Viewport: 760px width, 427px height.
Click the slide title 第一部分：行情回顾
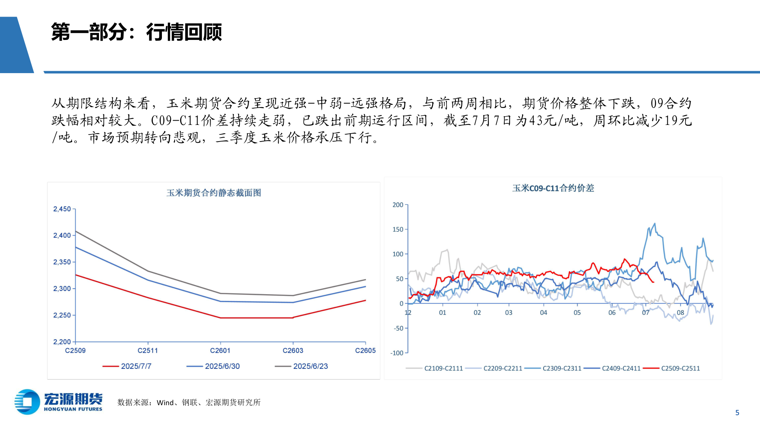[136, 32]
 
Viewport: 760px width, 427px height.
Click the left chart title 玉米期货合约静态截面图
[213, 193]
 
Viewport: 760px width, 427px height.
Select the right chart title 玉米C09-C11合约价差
[553, 188]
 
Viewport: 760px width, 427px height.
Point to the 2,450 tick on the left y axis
[62, 209]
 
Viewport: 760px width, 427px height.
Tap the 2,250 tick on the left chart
[62, 315]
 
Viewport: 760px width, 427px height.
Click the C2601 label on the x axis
[220, 350]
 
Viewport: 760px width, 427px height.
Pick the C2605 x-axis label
[365, 350]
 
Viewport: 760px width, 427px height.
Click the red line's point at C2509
[76, 275]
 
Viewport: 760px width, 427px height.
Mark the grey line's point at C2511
[148, 271]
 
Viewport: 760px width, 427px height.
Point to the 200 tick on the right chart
[398, 205]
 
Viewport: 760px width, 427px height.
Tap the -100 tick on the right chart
[397, 353]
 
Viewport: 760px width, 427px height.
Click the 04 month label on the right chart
[543, 312]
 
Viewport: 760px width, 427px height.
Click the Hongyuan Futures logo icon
[27, 402]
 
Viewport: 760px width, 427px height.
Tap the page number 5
[737, 412]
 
